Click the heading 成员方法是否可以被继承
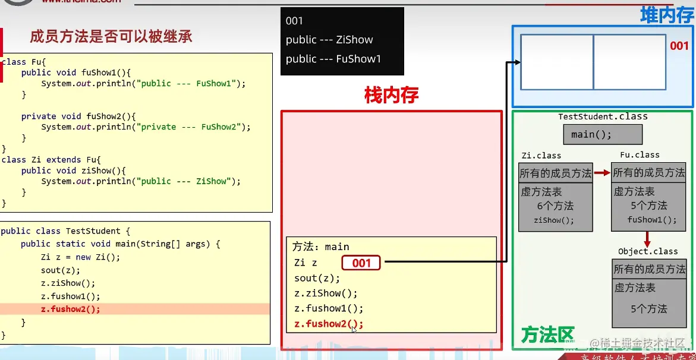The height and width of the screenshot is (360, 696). [111, 37]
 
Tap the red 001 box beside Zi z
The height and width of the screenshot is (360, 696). [361, 263]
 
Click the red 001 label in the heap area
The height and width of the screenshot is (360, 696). [679, 46]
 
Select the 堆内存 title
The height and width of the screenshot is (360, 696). [666, 15]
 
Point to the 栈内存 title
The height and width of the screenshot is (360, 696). [391, 96]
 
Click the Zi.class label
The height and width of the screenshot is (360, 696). [540, 156]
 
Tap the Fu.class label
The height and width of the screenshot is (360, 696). [640, 155]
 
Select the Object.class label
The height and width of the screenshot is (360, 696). [648, 251]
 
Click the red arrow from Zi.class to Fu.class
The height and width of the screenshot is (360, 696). [602, 173]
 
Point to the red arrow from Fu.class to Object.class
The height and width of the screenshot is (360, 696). [647, 239]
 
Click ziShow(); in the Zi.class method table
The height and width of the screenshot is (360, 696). [555, 220]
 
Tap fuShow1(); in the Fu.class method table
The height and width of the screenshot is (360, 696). [652, 220]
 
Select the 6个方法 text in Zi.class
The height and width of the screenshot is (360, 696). [555, 206]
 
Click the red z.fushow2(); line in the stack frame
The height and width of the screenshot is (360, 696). [328, 324]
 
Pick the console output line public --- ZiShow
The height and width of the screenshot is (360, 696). [329, 40]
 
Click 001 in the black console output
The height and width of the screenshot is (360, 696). [294, 21]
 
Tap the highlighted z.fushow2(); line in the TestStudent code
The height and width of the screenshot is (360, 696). [71, 309]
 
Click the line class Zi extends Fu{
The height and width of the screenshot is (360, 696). [52, 160]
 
